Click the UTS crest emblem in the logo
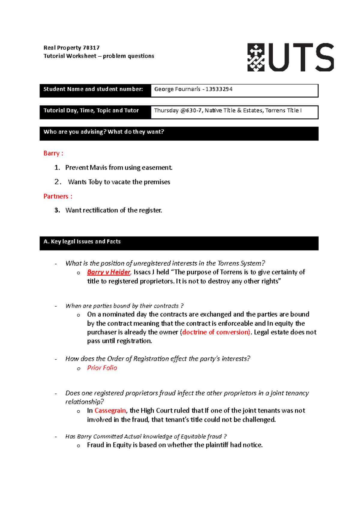256,57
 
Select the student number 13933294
219,89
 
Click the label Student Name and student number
93,89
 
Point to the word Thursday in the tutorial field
166,110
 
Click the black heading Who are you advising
103,132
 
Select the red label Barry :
53,153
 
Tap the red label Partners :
58,196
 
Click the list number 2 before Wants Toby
58,182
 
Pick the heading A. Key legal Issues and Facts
82,242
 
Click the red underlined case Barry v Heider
109,272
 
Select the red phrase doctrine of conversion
216,332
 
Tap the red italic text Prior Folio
102,368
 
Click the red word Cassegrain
110,411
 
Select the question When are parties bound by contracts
124,306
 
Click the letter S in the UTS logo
322,57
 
